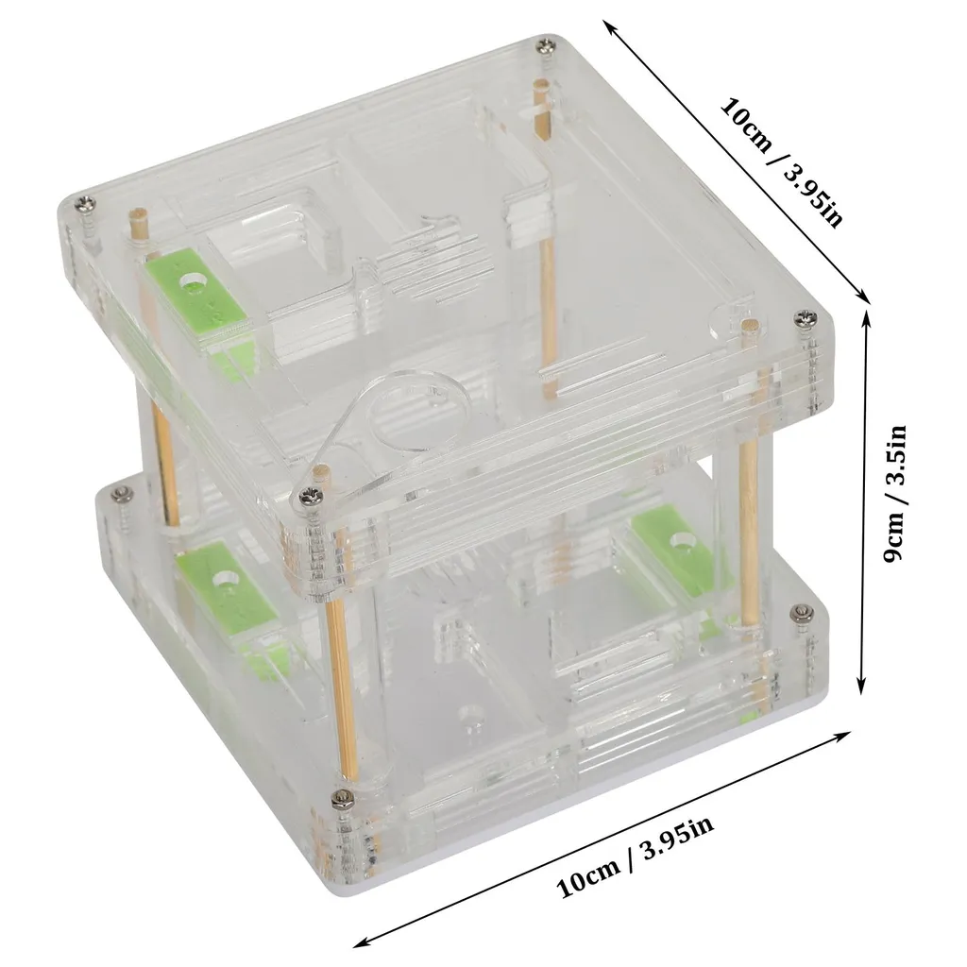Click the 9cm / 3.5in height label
pos(894,494)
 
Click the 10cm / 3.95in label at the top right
pos(781,162)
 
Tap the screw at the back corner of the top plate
pos(546,45)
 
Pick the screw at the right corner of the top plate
pos(806,319)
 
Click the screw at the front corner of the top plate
pos(309,497)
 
